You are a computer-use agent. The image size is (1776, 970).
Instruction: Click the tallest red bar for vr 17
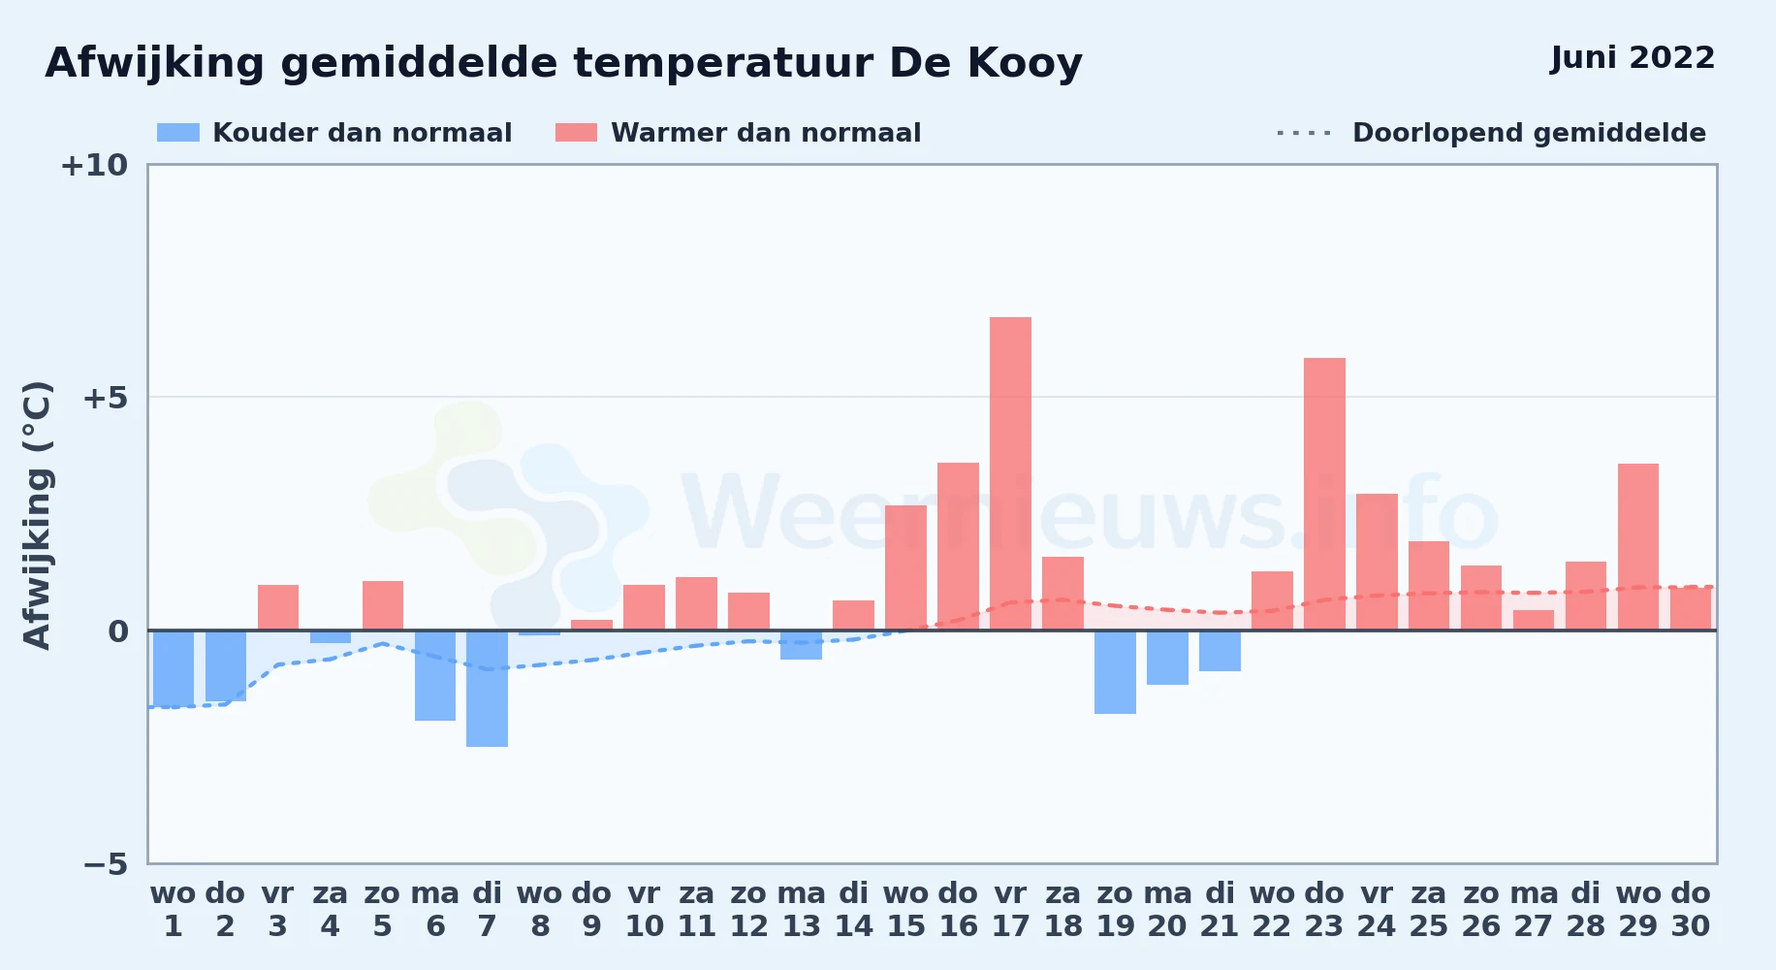point(1010,473)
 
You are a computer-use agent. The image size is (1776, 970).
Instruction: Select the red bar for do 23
point(1324,494)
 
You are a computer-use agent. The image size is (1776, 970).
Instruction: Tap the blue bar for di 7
point(487,689)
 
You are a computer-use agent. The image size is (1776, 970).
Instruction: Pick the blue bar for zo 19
point(1115,672)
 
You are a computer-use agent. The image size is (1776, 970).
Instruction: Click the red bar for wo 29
point(1638,547)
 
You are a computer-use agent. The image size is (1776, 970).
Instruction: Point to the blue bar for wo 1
point(174,668)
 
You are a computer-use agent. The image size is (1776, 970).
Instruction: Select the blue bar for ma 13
point(801,645)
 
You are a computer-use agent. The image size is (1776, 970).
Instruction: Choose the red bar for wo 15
point(905,567)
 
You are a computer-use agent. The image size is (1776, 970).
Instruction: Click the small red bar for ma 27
point(1534,620)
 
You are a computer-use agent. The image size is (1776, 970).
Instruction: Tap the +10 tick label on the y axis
point(94,165)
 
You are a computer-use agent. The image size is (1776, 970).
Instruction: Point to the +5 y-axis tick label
point(105,398)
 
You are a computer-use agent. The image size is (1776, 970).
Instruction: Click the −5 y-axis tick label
point(105,863)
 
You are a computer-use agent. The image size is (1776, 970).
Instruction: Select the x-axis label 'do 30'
point(1691,910)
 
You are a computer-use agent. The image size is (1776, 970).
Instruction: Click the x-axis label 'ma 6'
point(435,910)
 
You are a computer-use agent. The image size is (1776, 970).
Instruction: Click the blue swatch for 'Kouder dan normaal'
point(178,133)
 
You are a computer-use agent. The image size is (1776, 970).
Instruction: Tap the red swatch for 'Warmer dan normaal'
point(576,133)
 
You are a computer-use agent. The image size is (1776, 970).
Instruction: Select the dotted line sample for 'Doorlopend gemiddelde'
point(1304,133)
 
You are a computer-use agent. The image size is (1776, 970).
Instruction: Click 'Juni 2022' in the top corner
point(1633,58)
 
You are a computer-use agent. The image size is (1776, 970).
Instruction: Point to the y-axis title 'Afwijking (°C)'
point(37,515)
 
